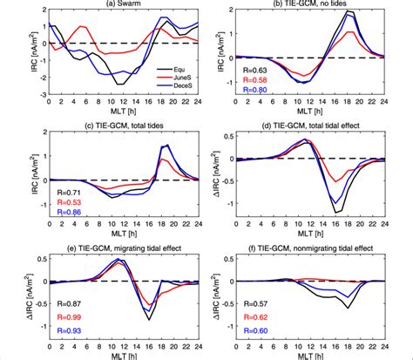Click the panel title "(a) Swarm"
[124, 5]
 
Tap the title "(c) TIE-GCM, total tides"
[124, 126]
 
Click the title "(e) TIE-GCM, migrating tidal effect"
[124, 247]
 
